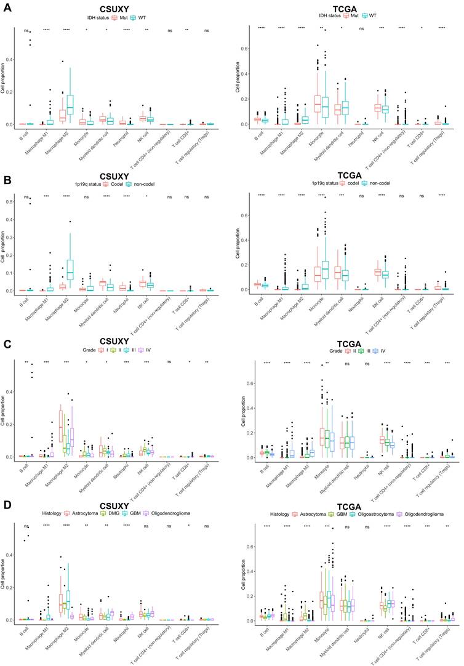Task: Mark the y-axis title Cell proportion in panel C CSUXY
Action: click(x=4, y=413)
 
